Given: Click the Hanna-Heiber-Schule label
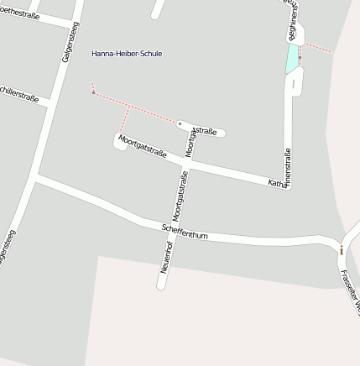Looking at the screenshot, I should click(x=127, y=54).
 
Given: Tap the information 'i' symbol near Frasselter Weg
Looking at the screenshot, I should click(x=342, y=249).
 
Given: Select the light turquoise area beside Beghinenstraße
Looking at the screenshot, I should click(x=291, y=59).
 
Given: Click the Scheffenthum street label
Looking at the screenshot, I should click(x=185, y=231).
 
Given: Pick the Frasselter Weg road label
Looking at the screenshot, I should click(x=350, y=290).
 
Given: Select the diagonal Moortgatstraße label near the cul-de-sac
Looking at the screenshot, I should click(x=142, y=146).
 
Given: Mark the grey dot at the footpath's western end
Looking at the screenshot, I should click(x=93, y=91).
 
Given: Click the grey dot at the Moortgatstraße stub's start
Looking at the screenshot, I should click(x=180, y=123).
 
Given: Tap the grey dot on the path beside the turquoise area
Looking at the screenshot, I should click(x=300, y=81).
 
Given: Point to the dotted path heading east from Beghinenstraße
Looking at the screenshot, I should click(x=318, y=47).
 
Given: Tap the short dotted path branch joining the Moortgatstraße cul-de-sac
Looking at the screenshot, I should click(x=125, y=119).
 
